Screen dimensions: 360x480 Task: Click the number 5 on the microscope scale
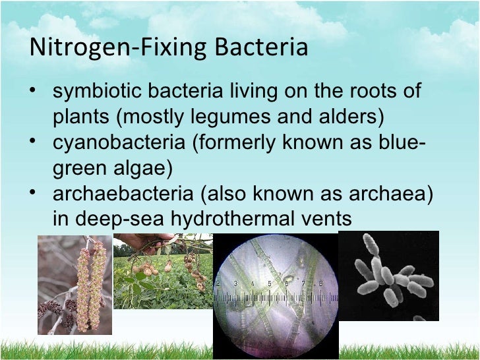269,284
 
